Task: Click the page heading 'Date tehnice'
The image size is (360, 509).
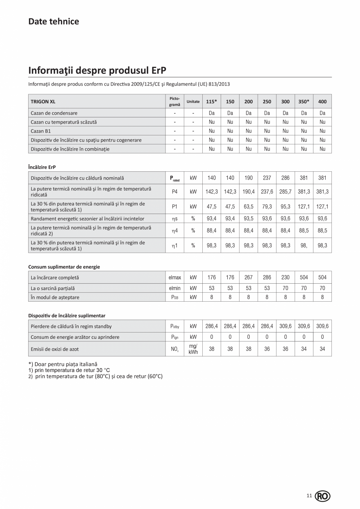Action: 54,22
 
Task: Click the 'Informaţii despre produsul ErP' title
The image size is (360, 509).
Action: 97,70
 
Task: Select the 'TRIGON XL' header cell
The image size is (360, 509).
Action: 43,102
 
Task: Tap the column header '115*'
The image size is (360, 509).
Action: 212,102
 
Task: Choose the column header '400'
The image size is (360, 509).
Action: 322,102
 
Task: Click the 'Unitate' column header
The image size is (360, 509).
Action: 193,102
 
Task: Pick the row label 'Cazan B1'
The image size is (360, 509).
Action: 41,131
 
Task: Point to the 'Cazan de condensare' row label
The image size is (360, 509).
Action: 54,113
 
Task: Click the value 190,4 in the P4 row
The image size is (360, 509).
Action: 248,192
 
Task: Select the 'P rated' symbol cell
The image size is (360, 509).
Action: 175,178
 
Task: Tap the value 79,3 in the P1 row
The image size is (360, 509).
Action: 267,207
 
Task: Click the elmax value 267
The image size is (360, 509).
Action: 248,278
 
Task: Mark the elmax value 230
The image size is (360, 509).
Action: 285,278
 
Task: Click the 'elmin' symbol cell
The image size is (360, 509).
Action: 175,288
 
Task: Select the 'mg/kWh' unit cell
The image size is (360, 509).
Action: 193,349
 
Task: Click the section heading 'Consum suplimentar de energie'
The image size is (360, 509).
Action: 64,267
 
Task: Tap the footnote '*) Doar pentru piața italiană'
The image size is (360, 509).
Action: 63,364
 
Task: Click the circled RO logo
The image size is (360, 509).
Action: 322,496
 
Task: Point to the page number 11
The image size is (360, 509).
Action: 309,496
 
